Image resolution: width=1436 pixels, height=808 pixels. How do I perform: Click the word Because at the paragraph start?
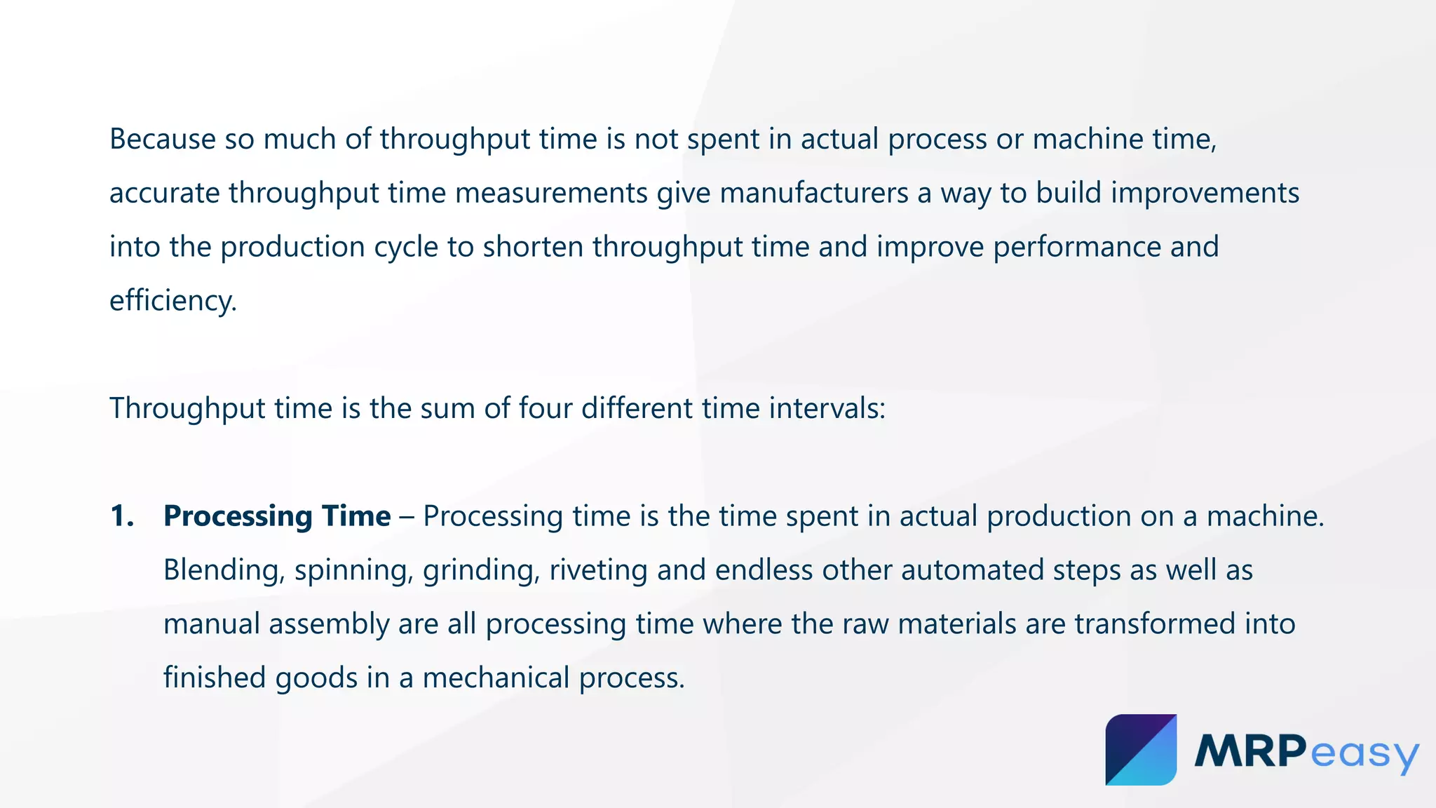point(163,139)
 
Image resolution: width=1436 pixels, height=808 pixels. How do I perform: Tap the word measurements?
point(551,194)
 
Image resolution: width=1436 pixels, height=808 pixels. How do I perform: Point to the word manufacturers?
point(814,194)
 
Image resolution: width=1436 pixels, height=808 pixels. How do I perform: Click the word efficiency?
point(172,302)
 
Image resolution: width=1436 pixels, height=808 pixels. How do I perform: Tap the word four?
point(545,408)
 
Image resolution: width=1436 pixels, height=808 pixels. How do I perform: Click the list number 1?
point(122,516)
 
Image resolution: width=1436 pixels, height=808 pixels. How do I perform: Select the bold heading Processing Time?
point(277,516)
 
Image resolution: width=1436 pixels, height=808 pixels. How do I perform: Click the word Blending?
point(224,570)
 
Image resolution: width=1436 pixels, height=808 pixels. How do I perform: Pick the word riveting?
point(598,570)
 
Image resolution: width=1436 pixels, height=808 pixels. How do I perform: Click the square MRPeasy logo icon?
point(1141,750)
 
